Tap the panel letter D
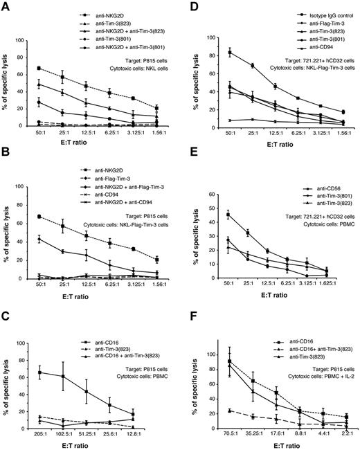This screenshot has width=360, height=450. click(190, 6)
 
